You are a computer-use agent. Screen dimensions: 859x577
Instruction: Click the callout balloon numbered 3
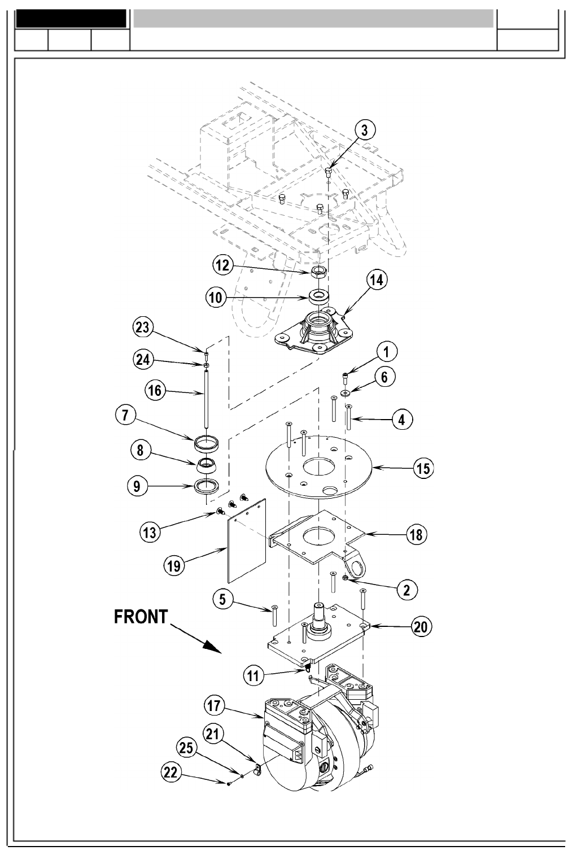(365, 130)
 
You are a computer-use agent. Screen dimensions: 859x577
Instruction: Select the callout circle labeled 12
(223, 265)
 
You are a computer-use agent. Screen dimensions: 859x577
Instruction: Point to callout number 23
(143, 327)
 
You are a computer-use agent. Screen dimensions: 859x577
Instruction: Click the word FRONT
(141, 617)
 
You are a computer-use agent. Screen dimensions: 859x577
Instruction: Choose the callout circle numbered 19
(174, 565)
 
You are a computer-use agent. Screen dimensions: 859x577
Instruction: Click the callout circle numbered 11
(255, 674)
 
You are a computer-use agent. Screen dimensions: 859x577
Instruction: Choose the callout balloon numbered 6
(384, 377)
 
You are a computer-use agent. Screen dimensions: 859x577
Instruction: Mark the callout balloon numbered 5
(224, 599)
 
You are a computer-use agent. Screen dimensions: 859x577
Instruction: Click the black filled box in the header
(71, 18)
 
